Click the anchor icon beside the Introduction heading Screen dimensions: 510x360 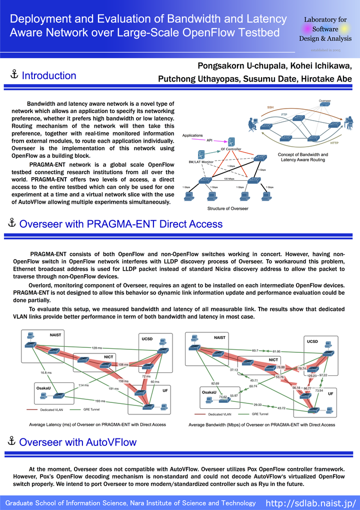14,75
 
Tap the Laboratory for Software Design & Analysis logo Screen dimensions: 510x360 325,30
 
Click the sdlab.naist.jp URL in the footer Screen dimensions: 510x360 310,502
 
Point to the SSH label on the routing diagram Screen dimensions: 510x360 270,108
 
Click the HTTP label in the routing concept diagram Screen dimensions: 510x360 335,143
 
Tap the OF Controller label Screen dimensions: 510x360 231,149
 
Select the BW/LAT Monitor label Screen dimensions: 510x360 201,162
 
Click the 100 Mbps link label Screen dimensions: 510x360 229,178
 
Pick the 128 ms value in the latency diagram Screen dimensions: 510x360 97,348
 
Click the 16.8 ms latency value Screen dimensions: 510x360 46,373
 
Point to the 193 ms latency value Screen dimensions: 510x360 100,401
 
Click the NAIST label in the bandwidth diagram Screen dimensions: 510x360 220,337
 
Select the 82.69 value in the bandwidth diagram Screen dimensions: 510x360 215,383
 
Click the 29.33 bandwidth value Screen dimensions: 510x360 257,404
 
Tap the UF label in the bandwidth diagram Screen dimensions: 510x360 330,394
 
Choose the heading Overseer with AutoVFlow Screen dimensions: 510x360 77,442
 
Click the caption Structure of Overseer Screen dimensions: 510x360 228,208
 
